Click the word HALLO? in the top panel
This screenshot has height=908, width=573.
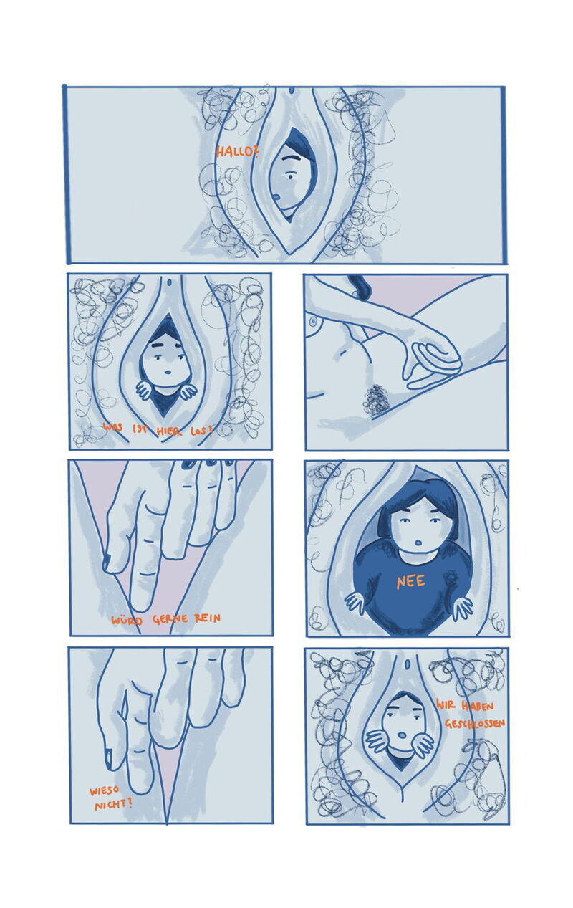(x=237, y=152)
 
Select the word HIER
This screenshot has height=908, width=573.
(x=169, y=431)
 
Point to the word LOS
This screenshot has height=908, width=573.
(x=201, y=431)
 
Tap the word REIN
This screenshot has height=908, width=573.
(x=208, y=618)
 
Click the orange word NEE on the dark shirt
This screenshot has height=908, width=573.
(x=410, y=582)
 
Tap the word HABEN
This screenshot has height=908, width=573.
(x=478, y=706)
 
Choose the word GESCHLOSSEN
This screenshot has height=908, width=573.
(x=475, y=723)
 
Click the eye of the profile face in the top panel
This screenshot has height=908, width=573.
(x=292, y=176)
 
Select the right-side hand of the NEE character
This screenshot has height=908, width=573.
(x=463, y=608)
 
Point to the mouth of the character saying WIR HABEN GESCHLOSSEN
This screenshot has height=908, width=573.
(x=403, y=735)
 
